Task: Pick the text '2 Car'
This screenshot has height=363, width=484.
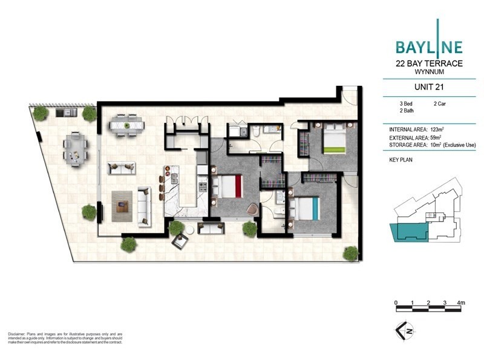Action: (x=440, y=104)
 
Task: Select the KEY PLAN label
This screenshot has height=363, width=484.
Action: (x=402, y=160)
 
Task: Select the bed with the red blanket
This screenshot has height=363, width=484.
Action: (x=227, y=186)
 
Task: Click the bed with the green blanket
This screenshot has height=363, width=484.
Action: (x=332, y=140)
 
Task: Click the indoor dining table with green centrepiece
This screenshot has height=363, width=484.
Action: (x=127, y=126)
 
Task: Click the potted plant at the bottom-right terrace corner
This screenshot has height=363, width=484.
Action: (x=350, y=252)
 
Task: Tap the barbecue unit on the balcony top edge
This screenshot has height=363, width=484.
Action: (x=63, y=113)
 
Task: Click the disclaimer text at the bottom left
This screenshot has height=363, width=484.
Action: (x=65, y=338)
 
